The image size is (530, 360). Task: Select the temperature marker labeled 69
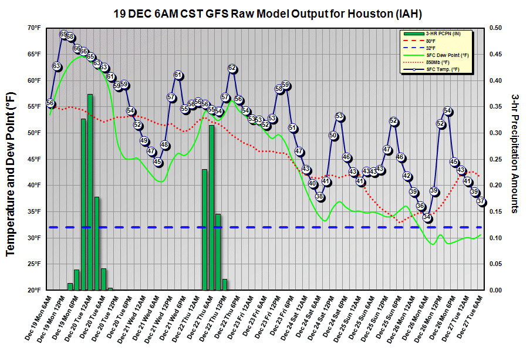tap(63, 35)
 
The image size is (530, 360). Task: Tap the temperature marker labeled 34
tap(427, 217)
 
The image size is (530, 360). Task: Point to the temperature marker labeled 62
tap(232, 69)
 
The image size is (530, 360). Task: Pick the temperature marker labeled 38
tap(319, 197)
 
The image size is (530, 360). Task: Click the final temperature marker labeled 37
tap(481, 201)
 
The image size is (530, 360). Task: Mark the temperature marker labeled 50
tap(333, 136)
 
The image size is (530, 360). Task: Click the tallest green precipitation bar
tap(90, 191)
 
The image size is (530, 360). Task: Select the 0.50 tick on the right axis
tap(496, 28)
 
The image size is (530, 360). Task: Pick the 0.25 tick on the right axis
tap(496, 159)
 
